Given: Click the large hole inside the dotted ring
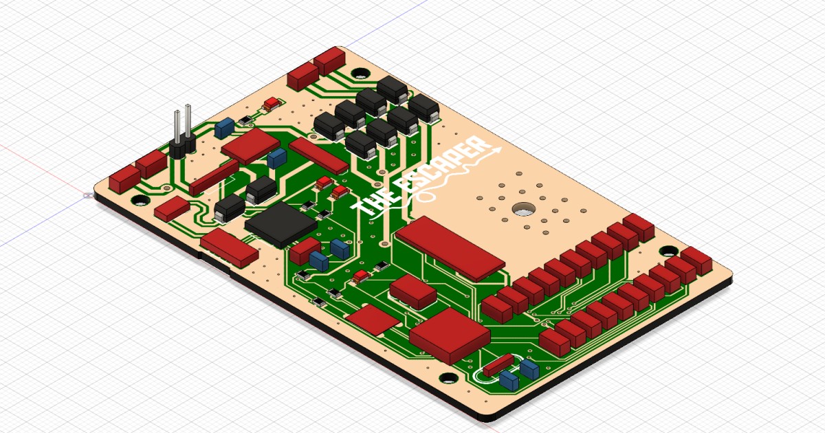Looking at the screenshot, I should coord(523,210).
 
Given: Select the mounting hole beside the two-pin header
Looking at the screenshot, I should coord(140,201).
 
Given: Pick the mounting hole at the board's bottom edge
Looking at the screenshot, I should coord(448,379).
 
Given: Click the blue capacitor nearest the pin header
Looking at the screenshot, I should coord(223,128).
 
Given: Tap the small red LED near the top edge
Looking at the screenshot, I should coord(272,104).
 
